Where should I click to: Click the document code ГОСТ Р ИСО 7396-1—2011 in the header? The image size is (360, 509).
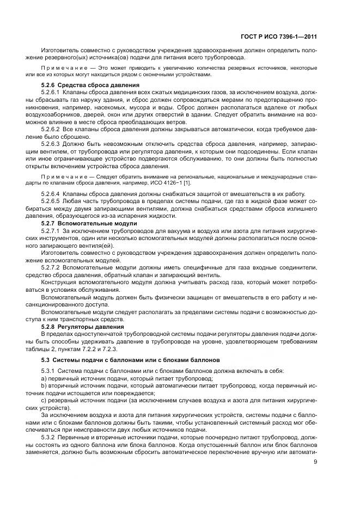coord(279,37)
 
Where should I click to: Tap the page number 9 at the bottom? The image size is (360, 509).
coord(315,463)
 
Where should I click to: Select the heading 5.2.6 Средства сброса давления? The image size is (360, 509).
coord(90,85)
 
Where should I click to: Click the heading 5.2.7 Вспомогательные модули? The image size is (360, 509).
coord(89,224)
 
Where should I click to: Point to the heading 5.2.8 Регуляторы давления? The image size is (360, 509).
coord(86,327)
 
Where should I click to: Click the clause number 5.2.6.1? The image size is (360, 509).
coord(53,93)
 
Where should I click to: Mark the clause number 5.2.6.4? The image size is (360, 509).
coord(53,194)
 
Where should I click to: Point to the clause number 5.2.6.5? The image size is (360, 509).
coord(53,202)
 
